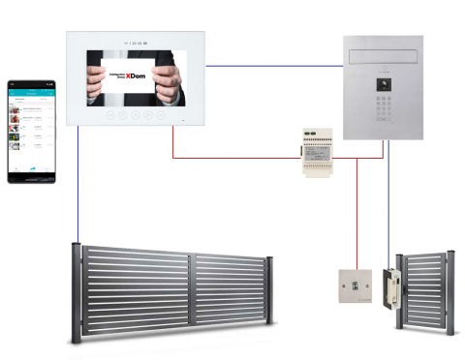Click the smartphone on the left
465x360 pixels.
[33, 131]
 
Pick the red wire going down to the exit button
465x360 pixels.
[356, 213]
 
